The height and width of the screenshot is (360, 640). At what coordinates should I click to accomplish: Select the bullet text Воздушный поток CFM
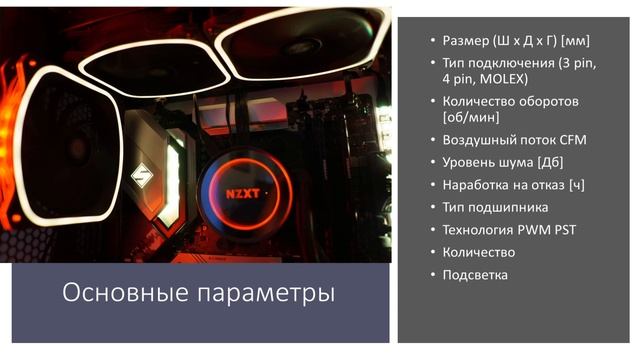(x=514, y=139)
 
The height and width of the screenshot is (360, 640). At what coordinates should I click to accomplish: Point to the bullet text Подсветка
(x=475, y=274)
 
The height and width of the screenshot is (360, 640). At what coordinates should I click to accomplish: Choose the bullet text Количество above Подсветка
(x=479, y=252)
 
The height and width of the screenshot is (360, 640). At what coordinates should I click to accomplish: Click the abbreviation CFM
(x=572, y=139)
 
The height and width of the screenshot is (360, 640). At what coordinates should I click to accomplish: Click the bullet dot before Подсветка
(x=432, y=274)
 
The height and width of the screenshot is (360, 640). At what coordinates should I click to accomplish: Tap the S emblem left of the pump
(x=143, y=183)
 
